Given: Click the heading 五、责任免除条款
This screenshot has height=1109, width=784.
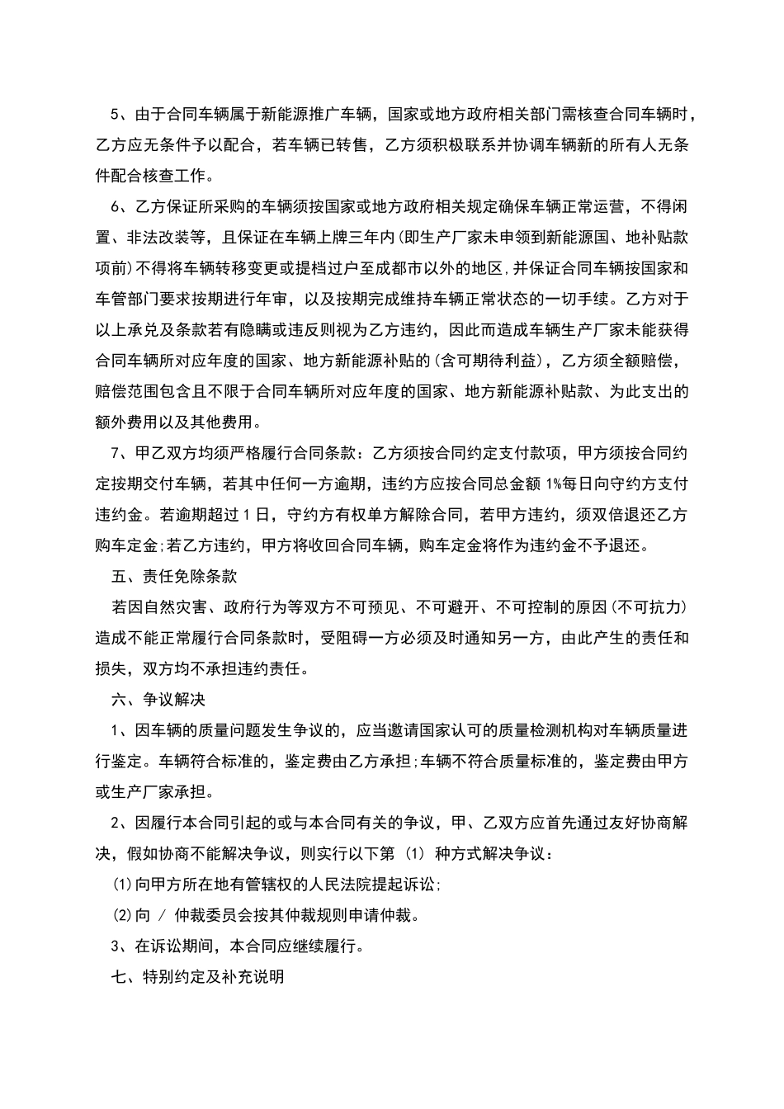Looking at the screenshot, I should pos(174,576).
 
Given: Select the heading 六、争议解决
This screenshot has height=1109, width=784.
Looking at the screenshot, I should pos(158,699).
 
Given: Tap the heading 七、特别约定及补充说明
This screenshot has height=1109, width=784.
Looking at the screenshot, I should pos(197,976).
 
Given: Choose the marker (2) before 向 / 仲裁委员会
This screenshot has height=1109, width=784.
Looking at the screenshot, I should pos(123,915).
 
